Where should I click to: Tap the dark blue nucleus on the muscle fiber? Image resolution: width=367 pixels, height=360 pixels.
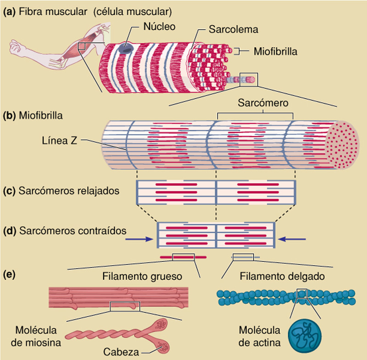click(x=123, y=47)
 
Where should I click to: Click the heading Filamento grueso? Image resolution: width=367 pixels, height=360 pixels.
click(x=142, y=277)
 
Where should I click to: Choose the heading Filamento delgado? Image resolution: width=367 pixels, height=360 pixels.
click(x=282, y=277)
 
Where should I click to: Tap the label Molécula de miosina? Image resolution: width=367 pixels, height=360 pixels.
click(x=32, y=336)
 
